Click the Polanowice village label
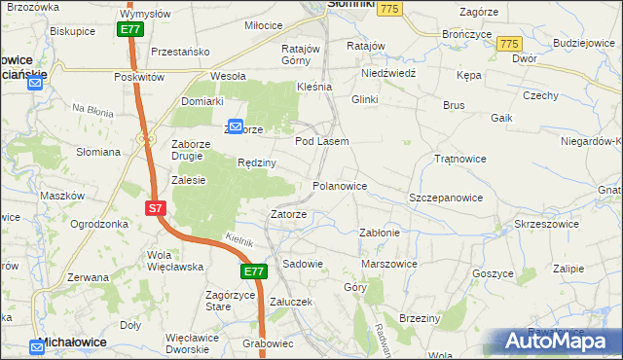click(339, 186)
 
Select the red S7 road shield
click(156, 209)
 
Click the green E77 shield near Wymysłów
click(132, 30)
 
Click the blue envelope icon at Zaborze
click(235, 126)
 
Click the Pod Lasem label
click(321, 141)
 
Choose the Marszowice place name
click(388, 264)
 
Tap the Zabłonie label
click(380, 233)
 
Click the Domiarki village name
click(202, 101)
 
